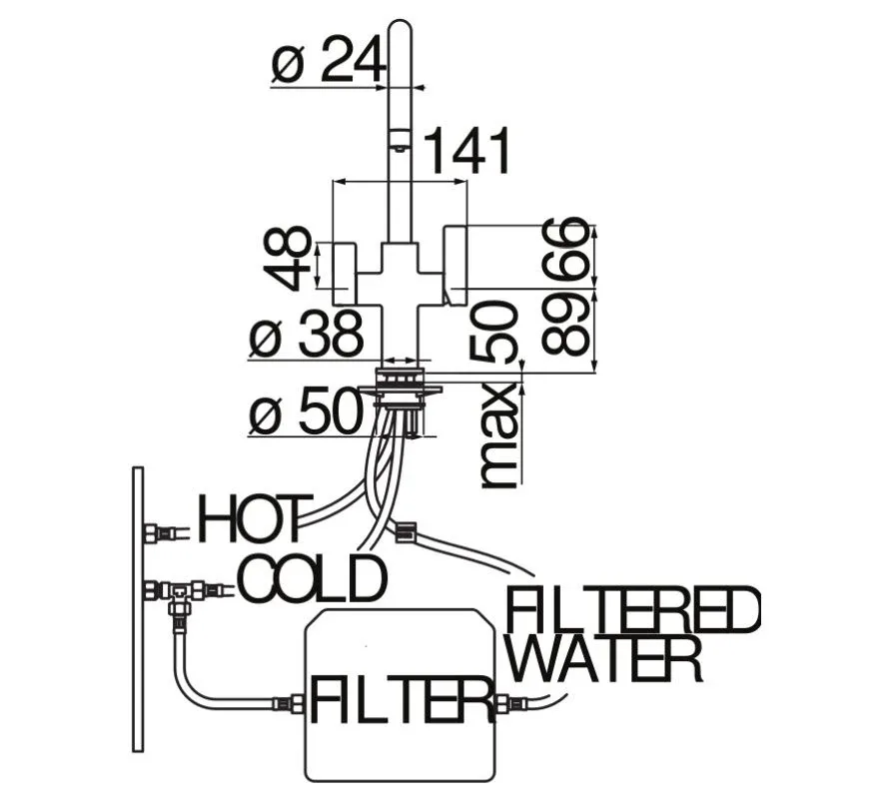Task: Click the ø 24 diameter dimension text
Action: click(x=328, y=59)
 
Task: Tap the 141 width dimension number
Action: click(x=467, y=151)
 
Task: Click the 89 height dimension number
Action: click(x=565, y=323)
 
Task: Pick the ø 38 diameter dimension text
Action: click(x=306, y=335)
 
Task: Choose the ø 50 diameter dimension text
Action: click(x=306, y=410)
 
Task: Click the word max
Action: click(x=498, y=435)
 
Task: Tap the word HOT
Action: click(x=255, y=519)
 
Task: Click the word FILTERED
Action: click(x=633, y=610)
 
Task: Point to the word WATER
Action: click(x=609, y=659)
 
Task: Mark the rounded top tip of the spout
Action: click(x=401, y=23)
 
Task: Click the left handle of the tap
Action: click(x=344, y=274)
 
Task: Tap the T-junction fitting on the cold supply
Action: click(x=181, y=595)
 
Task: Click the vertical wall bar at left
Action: click(x=138, y=609)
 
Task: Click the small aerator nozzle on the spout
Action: click(x=401, y=149)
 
